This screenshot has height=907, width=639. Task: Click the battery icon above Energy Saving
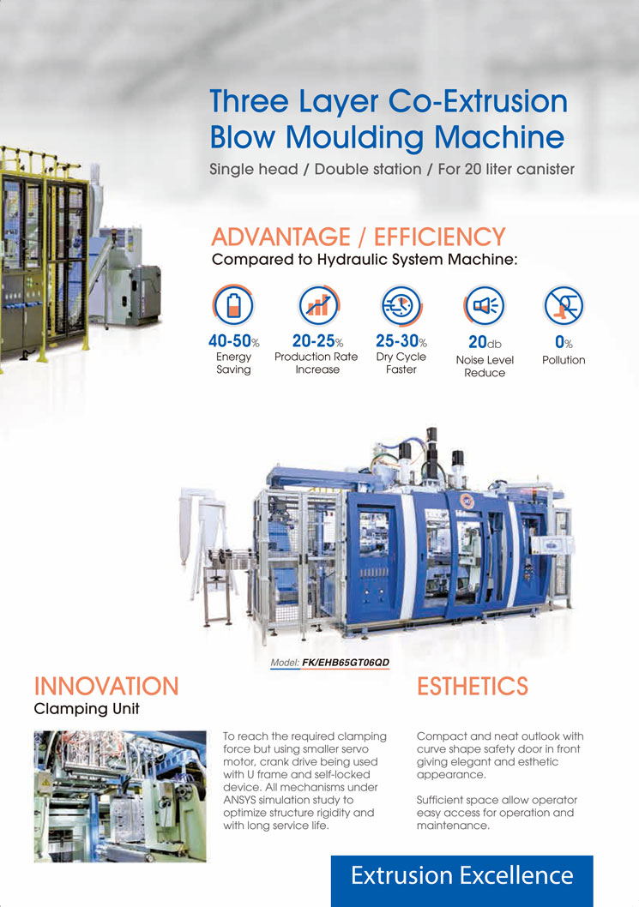click(x=233, y=304)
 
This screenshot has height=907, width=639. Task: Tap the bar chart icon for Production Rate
click(x=317, y=304)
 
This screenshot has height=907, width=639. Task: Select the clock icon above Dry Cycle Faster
click(x=401, y=305)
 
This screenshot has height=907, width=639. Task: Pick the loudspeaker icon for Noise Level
click(x=485, y=305)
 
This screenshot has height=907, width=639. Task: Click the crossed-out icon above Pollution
click(x=564, y=305)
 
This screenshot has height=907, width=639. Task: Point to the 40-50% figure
click(x=234, y=340)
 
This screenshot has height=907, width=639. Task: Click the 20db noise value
click(x=485, y=342)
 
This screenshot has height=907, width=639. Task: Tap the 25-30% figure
click(x=401, y=340)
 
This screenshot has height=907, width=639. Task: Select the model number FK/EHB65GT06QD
click(x=346, y=663)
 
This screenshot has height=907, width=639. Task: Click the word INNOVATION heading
click(x=106, y=687)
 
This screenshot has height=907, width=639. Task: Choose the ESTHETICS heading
click(x=473, y=687)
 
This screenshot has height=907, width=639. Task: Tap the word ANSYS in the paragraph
click(x=240, y=800)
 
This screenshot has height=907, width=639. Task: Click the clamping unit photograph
click(x=120, y=796)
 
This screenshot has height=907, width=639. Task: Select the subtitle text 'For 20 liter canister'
click(x=506, y=169)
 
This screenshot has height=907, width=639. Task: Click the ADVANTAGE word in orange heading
click(x=280, y=237)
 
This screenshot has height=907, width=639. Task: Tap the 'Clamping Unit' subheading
click(x=87, y=709)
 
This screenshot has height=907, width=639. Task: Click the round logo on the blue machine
click(x=467, y=501)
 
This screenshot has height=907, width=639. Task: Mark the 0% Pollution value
click(x=564, y=342)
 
